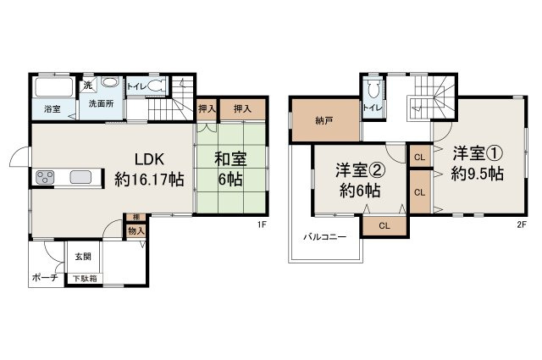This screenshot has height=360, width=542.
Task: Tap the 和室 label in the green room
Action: click(x=230, y=158)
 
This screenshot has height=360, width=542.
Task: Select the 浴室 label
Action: click(x=53, y=109)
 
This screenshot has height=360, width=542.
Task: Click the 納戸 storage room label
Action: click(x=323, y=120)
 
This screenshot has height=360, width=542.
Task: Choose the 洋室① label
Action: click(x=478, y=153)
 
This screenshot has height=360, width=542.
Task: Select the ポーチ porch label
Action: click(x=44, y=277)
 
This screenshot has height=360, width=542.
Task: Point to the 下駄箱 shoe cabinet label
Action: click(x=82, y=278)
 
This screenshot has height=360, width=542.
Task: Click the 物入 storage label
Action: click(x=135, y=230)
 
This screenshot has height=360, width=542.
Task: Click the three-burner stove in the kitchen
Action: click(x=45, y=177)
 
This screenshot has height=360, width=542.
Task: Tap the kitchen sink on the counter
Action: click(x=81, y=177)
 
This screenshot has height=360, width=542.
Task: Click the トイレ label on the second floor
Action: click(x=370, y=108)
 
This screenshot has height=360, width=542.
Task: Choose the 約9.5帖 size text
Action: click(x=478, y=174)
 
